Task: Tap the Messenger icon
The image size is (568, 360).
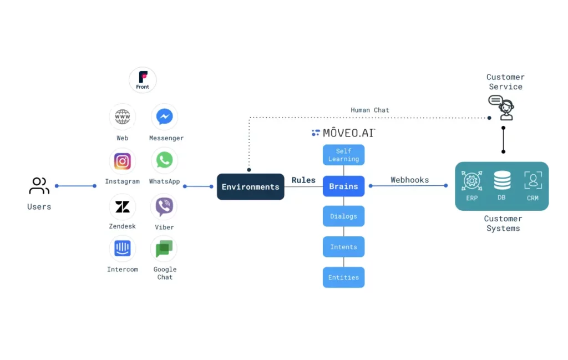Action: pos(164,117)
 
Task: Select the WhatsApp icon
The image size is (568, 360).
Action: pos(164,160)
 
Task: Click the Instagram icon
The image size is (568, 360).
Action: pos(123,161)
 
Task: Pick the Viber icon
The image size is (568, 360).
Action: pos(164,207)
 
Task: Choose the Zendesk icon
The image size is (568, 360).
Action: pos(123,207)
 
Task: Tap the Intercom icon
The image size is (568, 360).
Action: pos(123,249)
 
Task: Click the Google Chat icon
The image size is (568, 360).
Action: pos(164,249)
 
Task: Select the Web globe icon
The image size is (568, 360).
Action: pos(123,117)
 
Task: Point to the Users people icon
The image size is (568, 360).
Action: pos(39,186)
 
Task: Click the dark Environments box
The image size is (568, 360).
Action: pos(250,186)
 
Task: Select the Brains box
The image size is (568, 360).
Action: pos(343,186)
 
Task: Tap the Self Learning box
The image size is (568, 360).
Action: pos(343,155)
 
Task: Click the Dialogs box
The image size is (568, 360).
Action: pos(343,216)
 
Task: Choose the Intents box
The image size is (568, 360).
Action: pos(343,247)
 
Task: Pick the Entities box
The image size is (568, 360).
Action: pos(343,277)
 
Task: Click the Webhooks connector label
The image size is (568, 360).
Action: pos(409,180)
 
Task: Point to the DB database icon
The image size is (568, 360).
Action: pos(502,181)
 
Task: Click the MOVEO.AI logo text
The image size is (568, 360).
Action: pos(344,133)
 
